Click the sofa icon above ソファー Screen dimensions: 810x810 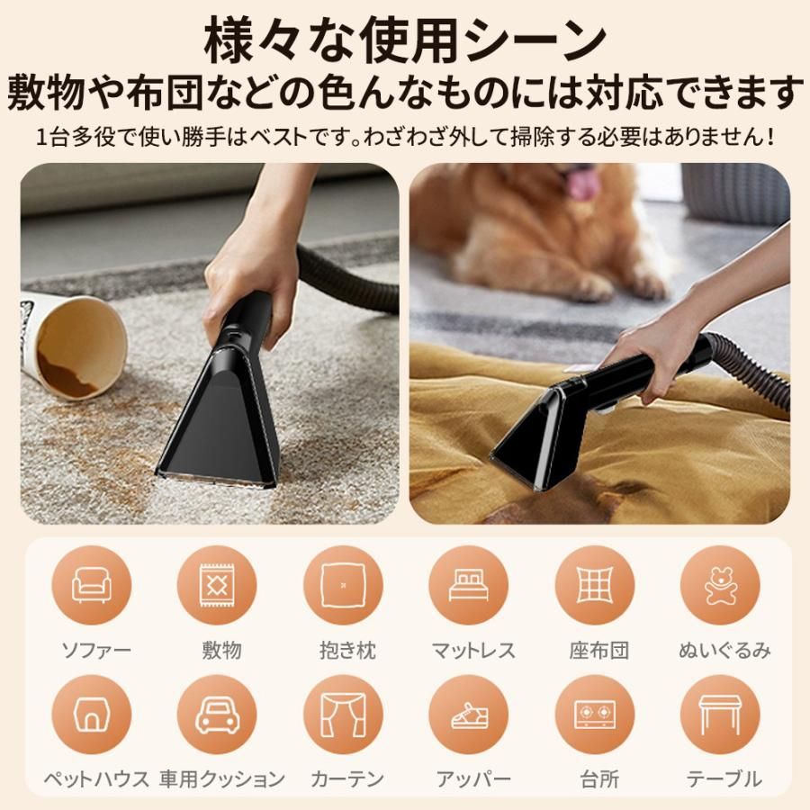(x=92, y=586)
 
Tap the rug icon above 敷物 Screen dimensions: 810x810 (x=217, y=586)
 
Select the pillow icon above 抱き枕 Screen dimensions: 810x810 (x=343, y=586)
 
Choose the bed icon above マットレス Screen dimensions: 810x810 (x=468, y=586)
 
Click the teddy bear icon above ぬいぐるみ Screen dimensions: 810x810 (x=720, y=586)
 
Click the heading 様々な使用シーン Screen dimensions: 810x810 (x=405, y=40)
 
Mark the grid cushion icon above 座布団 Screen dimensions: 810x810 (x=594, y=586)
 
